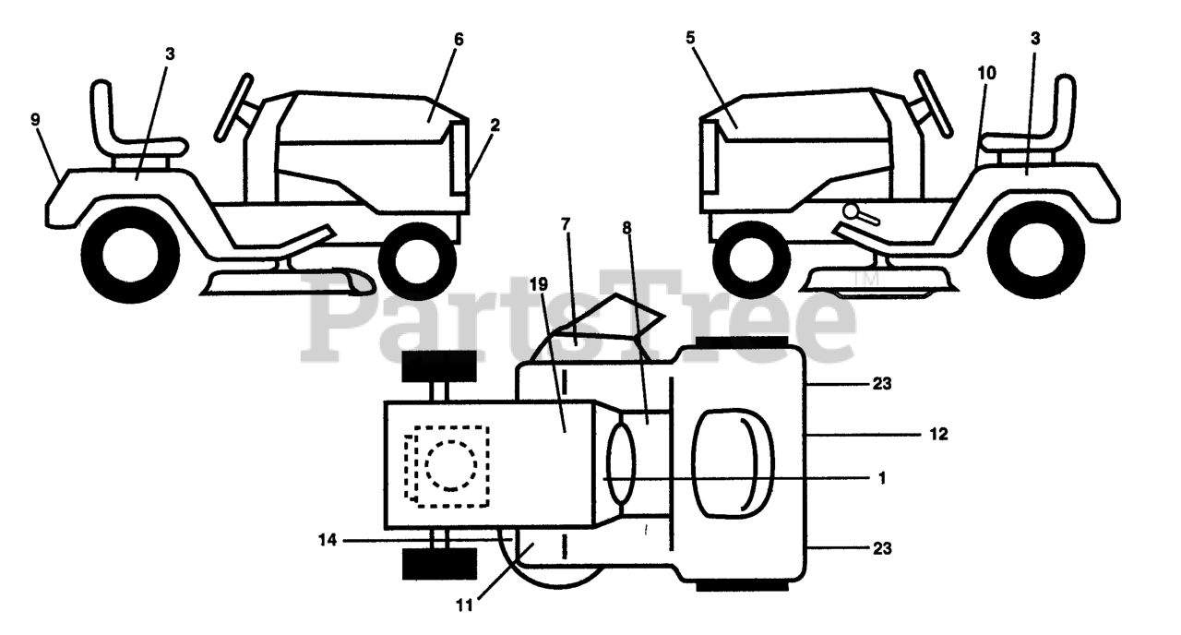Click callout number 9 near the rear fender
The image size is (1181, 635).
click(x=35, y=119)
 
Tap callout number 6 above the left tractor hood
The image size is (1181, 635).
click(x=459, y=40)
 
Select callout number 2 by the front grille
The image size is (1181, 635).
click(x=495, y=124)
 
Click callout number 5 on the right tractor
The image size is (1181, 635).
click(x=691, y=40)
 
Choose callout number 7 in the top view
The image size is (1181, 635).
click(x=566, y=224)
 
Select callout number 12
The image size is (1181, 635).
click(x=938, y=432)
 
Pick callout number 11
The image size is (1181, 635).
click(x=463, y=605)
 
